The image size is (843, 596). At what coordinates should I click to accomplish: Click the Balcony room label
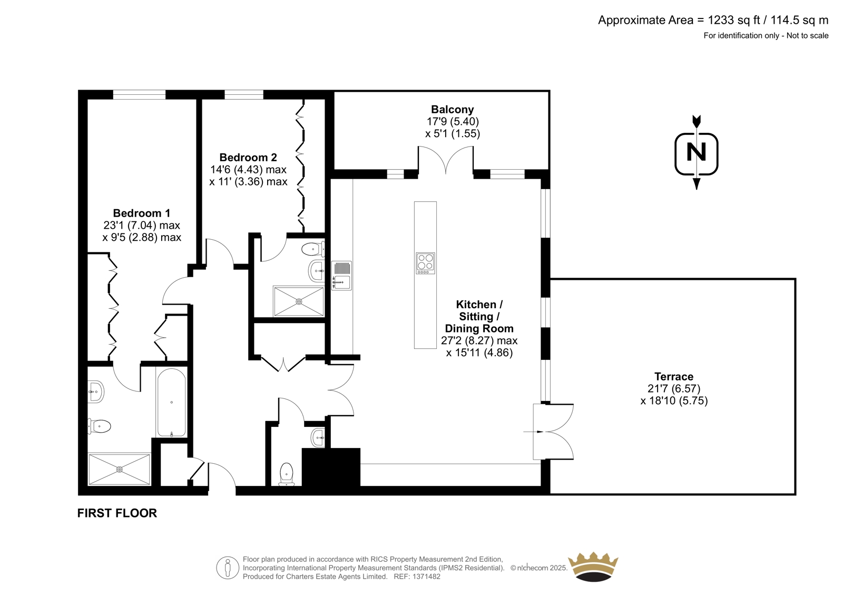click(x=452, y=110)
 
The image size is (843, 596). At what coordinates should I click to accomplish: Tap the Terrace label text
click(x=674, y=376)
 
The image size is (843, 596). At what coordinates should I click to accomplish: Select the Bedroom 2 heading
click(x=248, y=158)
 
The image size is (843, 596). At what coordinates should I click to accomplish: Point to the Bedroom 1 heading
click(x=142, y=213)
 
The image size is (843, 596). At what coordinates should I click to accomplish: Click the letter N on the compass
click(x=696, y=152)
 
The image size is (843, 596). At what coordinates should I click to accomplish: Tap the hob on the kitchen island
click(x=425, y=263)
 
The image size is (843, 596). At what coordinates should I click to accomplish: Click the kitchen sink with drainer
click(x=341, y=276)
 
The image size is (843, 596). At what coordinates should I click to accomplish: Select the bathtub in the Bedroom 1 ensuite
click(x=171, y=403)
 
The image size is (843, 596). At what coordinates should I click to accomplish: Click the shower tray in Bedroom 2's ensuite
click(x=299, y=301)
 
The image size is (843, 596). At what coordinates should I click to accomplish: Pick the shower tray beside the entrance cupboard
click(x=119, y=470)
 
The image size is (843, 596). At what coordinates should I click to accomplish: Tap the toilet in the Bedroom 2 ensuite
click(x=313, y=249)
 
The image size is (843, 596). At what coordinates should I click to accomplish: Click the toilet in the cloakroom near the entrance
click(x=287, y=474)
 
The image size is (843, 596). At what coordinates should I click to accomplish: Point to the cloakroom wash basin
click(x=318, y=437)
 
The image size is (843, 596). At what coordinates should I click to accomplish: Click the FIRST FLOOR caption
click(x=117, y=513)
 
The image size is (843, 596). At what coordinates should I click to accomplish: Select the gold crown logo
click(x=593, y=567)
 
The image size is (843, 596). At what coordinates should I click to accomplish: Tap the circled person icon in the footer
click(x=228, y=568)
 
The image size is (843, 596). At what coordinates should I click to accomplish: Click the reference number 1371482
click(x=426, y=577)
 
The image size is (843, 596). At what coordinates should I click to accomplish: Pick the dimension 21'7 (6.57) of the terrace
click(x=674, y=388)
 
